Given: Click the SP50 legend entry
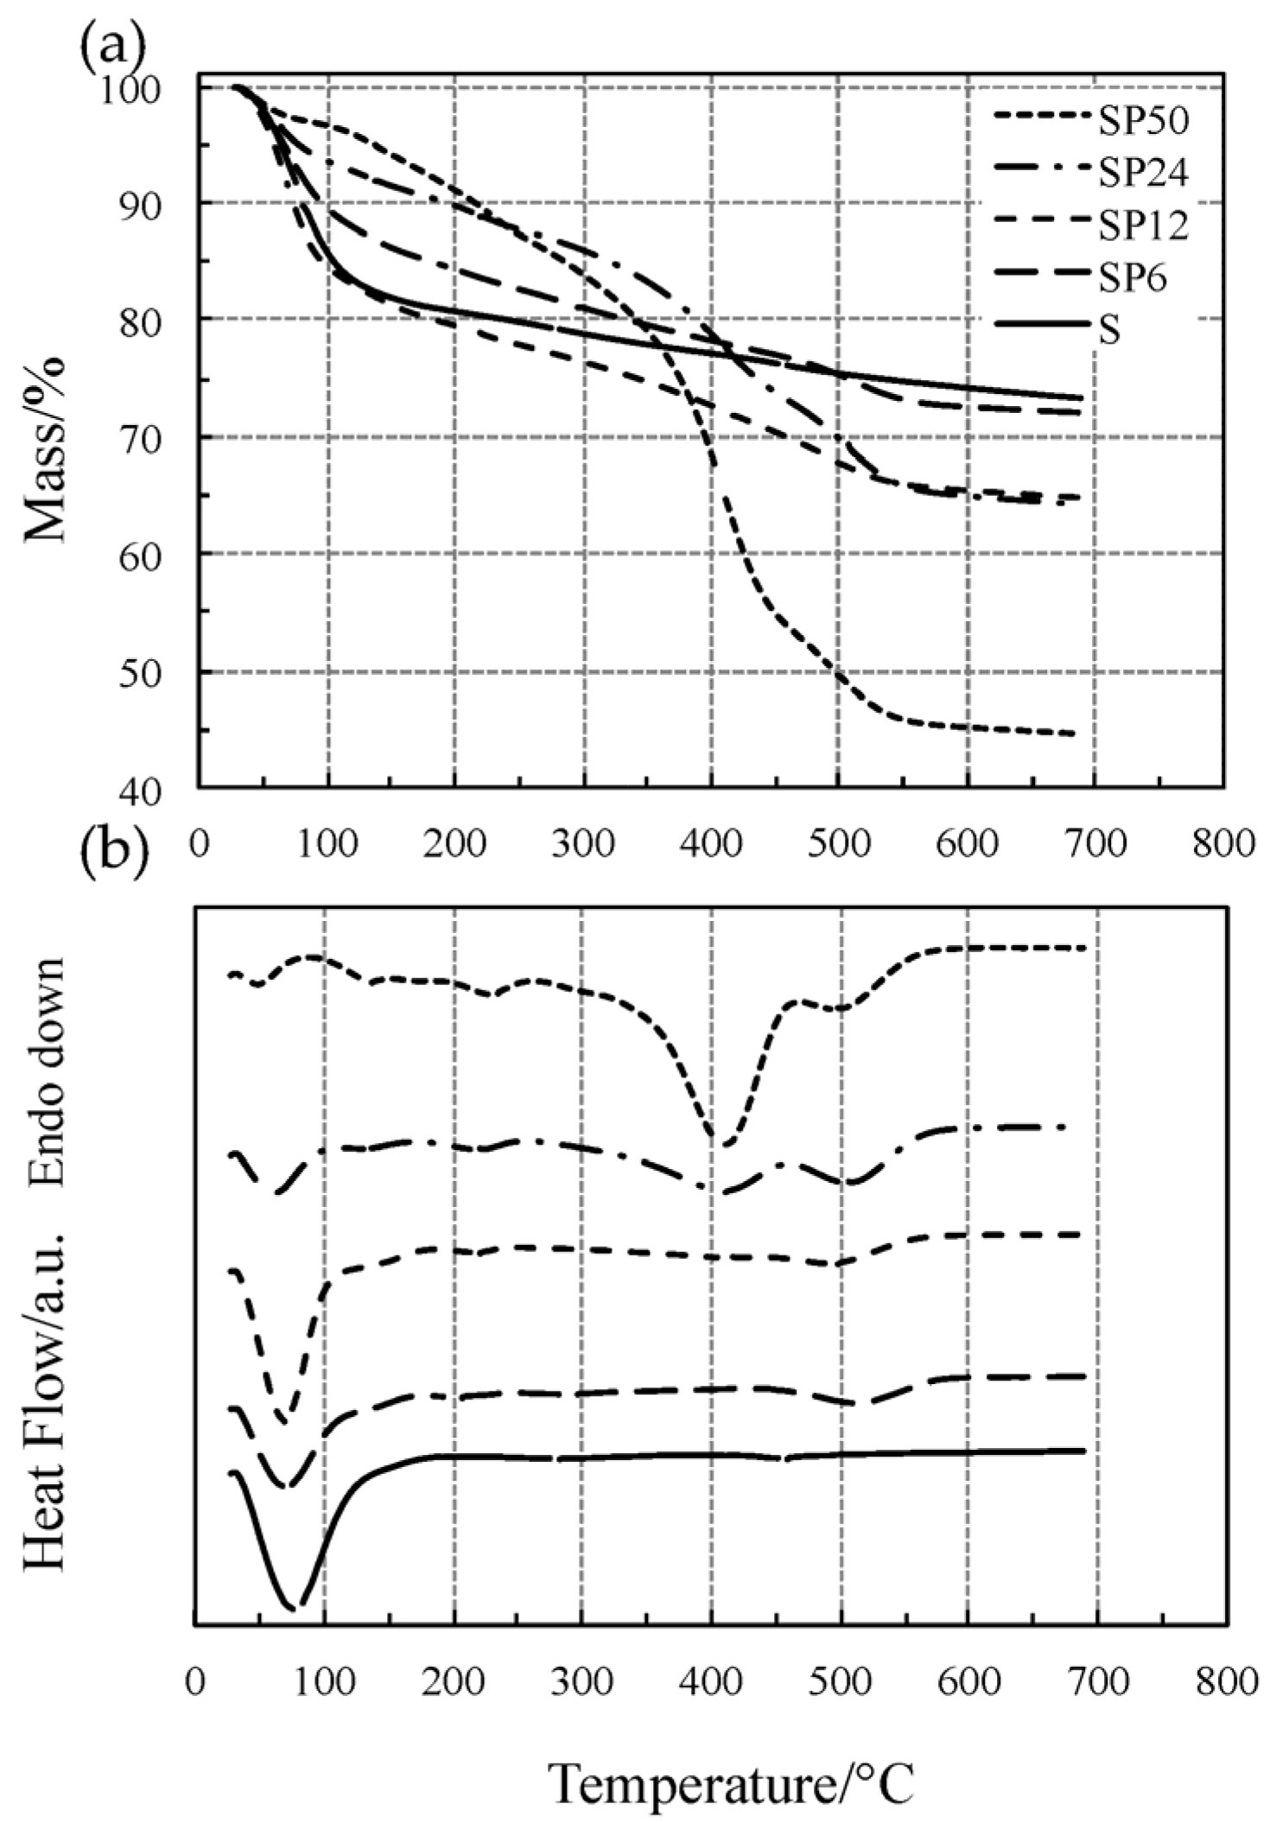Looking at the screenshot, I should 1142,122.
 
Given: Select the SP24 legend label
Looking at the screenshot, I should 1142,174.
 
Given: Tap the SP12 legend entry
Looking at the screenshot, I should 1142,225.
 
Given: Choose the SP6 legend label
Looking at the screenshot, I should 1132,278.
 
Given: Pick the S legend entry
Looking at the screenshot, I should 1109,331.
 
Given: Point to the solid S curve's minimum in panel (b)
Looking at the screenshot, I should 294,1607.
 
